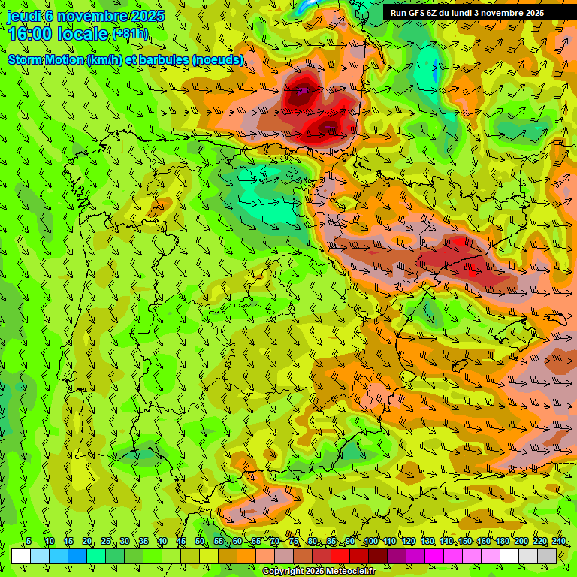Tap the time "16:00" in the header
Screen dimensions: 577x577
(x=30, y=33)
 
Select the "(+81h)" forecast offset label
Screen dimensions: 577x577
(x=130, y=34)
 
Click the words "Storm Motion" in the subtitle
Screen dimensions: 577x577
(x=46, y=59)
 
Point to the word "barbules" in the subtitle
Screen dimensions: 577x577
(x=165, y=59)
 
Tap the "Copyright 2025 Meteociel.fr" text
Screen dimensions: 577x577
(x=319, y=572)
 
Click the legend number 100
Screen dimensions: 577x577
(x=370, y=542)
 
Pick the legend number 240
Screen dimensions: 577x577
(x=558, y=542)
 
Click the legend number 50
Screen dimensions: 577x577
(x=200, y=542)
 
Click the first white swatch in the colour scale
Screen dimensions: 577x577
(x=21, y=557)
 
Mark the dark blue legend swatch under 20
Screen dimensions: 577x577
(x=77, y=557)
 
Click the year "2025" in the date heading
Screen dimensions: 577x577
(x=147, y=16)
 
